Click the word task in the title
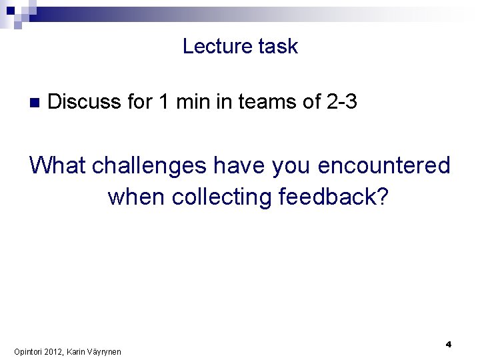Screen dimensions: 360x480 (280, 47)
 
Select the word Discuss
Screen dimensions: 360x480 (85, 102)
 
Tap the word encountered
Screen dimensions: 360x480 (384, 165)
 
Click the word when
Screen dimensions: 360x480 (137, 197)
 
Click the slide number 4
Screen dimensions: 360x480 (449, 344)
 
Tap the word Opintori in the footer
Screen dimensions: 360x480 (27, 351)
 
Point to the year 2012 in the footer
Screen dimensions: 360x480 (53, 351)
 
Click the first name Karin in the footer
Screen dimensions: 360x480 (75, 351)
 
